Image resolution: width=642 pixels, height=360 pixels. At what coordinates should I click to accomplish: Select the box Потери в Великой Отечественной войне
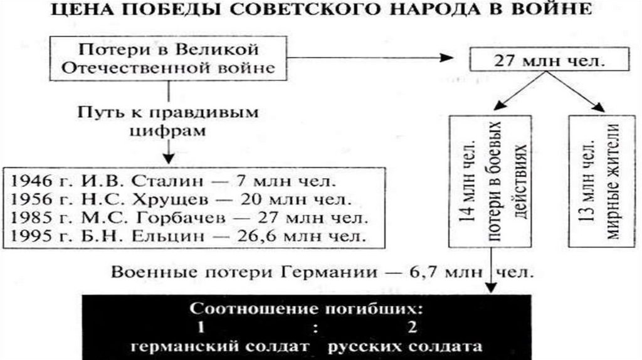(x=168, y=58)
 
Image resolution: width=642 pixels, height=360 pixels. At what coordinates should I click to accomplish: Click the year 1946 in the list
(x=32, y=182)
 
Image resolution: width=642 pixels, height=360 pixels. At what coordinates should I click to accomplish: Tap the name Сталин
(x=164, y=182)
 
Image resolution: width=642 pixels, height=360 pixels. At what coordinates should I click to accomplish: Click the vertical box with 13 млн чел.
(x=599, y=181)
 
